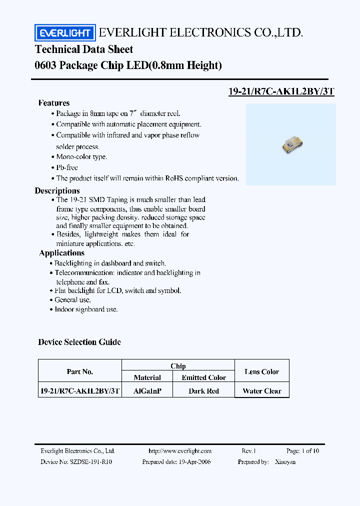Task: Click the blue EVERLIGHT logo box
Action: [x=64, y=33]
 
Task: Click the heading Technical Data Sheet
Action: [x=84, y=49]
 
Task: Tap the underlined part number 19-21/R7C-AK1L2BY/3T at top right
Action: [x=281, y=91]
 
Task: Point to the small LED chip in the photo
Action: [x=290, y=145]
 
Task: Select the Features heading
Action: [x=54, y=103]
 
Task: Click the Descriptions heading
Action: [x=57, y=190]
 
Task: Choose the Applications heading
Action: [x=61, y=253]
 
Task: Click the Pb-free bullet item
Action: [x=66, y=167]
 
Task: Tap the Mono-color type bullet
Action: [x=81, y=156]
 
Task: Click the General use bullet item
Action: [x=73, y=299]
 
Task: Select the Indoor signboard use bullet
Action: [x=86, y=309]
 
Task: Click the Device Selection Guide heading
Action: [x=79, y=342]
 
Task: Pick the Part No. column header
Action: [x=80, y=371]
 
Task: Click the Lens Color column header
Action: [x=262, y=371]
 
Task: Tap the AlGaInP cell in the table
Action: [x=147, y=391]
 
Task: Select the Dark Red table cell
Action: [x=203, y=391]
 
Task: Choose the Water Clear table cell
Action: [x=262, y=391]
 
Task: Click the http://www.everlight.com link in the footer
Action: [x=180, y=451]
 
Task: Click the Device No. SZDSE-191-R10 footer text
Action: [x=76, y=462]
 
